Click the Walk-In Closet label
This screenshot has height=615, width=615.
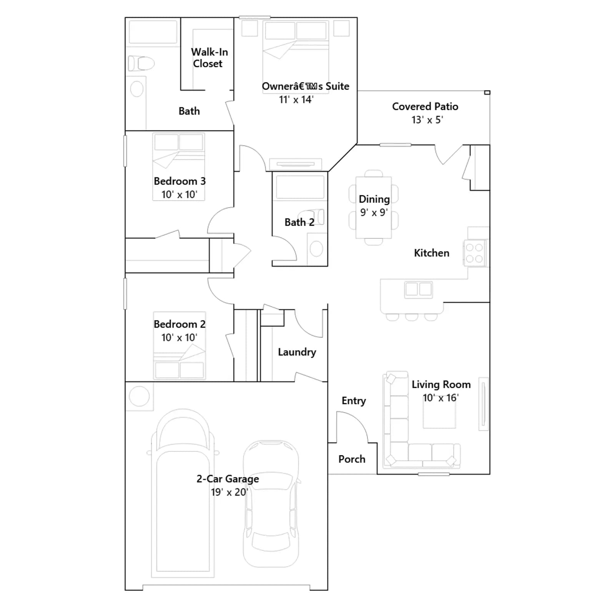point(209,58)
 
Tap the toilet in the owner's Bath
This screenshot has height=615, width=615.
point(141,63)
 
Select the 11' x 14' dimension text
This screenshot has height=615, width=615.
point(296,100)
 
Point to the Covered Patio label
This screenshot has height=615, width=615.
point(425,106)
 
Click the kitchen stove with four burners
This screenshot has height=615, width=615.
point(474,253)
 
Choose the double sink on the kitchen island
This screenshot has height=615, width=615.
point(418,289)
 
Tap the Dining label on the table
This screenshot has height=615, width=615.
point(374,199)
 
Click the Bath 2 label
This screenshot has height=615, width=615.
point(299,222)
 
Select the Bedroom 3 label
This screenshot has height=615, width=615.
point(180,181)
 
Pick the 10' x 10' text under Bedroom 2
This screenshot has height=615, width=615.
point(179,337)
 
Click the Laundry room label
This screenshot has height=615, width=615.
point(297,352)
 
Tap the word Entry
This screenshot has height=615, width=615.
point(354,401)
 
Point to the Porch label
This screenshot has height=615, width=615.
point(352,459)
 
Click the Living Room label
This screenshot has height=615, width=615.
point(441,384)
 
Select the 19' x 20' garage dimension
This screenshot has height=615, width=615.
point(229,492)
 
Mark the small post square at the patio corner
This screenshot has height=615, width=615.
point(487,92)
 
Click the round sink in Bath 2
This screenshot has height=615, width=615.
point(316,249)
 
